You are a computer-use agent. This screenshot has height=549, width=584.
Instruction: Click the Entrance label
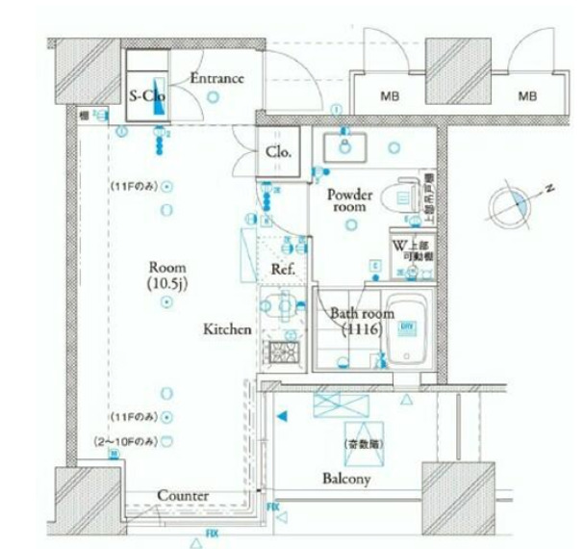pyautogui.click(x=216, y=79)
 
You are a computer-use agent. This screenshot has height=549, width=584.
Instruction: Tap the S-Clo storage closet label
pyautogui.click(x=147, y=96)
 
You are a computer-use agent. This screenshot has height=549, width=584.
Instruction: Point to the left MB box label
pyautogui.click(x=390, y=96)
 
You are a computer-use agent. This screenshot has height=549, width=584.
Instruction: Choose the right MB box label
pyautogui.click(x=527, y=96)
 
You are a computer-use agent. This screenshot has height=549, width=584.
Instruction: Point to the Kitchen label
pyautogui.click(x=227, y=329)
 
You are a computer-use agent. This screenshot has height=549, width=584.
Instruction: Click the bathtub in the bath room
pyautogui.click(x=408, y=331)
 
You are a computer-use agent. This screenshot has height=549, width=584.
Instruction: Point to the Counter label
pyautogui.click(x=183, y=495)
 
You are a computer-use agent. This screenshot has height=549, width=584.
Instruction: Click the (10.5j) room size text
pyautogui.click(x=166, y=283)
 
